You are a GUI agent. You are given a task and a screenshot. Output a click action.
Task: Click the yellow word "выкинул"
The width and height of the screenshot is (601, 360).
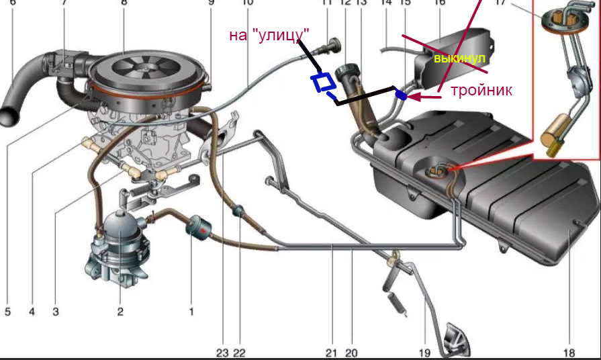click(459, 59)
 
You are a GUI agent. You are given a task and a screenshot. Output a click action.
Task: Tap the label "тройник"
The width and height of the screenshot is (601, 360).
click(481, 90)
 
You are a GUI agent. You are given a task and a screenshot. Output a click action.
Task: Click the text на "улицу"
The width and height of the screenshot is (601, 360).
click(269, 34)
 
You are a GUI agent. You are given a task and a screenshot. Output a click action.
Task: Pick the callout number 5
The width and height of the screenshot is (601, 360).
click(8, 312)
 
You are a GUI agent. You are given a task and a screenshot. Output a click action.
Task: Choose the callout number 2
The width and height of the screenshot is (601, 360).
click(120, 312)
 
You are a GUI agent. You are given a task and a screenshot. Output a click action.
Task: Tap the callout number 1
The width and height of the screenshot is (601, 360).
click(191, 312)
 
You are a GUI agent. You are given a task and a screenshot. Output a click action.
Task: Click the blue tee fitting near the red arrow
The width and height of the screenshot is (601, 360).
click(401, 96)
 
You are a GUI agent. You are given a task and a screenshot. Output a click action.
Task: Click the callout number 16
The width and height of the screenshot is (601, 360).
click(440, 3)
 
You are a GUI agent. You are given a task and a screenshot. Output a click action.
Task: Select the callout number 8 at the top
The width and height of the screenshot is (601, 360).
click(124, 3)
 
